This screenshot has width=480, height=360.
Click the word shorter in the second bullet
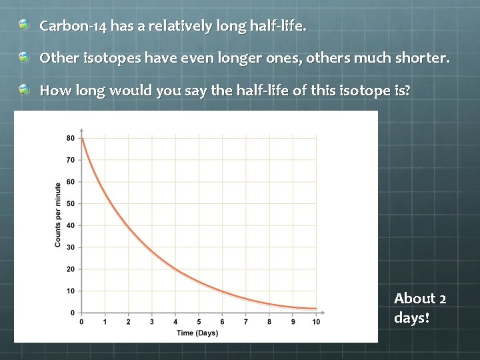click(x=421, y=58)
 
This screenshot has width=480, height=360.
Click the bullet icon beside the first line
click(x=25, y=25)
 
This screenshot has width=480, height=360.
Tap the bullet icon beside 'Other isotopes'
click(x=25, y=57)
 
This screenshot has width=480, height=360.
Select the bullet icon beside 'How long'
click(x=25, y=89)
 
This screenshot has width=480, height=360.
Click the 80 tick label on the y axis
click(x=70, y=139)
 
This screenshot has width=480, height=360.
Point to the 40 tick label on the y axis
click(x=70, y=226)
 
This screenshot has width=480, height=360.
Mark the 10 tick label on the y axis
click(x=70, y=291)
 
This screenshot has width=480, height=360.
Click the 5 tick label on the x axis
click(x=199, y=322)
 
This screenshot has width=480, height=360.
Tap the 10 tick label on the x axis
click(x=316, y=322)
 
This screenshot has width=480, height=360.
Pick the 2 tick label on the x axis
click(x=128, y=322)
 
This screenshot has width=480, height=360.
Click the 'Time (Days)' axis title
click(x=197, y=333)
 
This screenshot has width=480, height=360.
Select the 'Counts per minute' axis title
click(x=58, y=215)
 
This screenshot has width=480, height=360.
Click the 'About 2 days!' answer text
click(x=420, y=308)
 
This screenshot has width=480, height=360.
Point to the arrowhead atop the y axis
click(x=81, y=131)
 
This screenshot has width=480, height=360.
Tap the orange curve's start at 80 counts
click(x=82, y=139)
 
